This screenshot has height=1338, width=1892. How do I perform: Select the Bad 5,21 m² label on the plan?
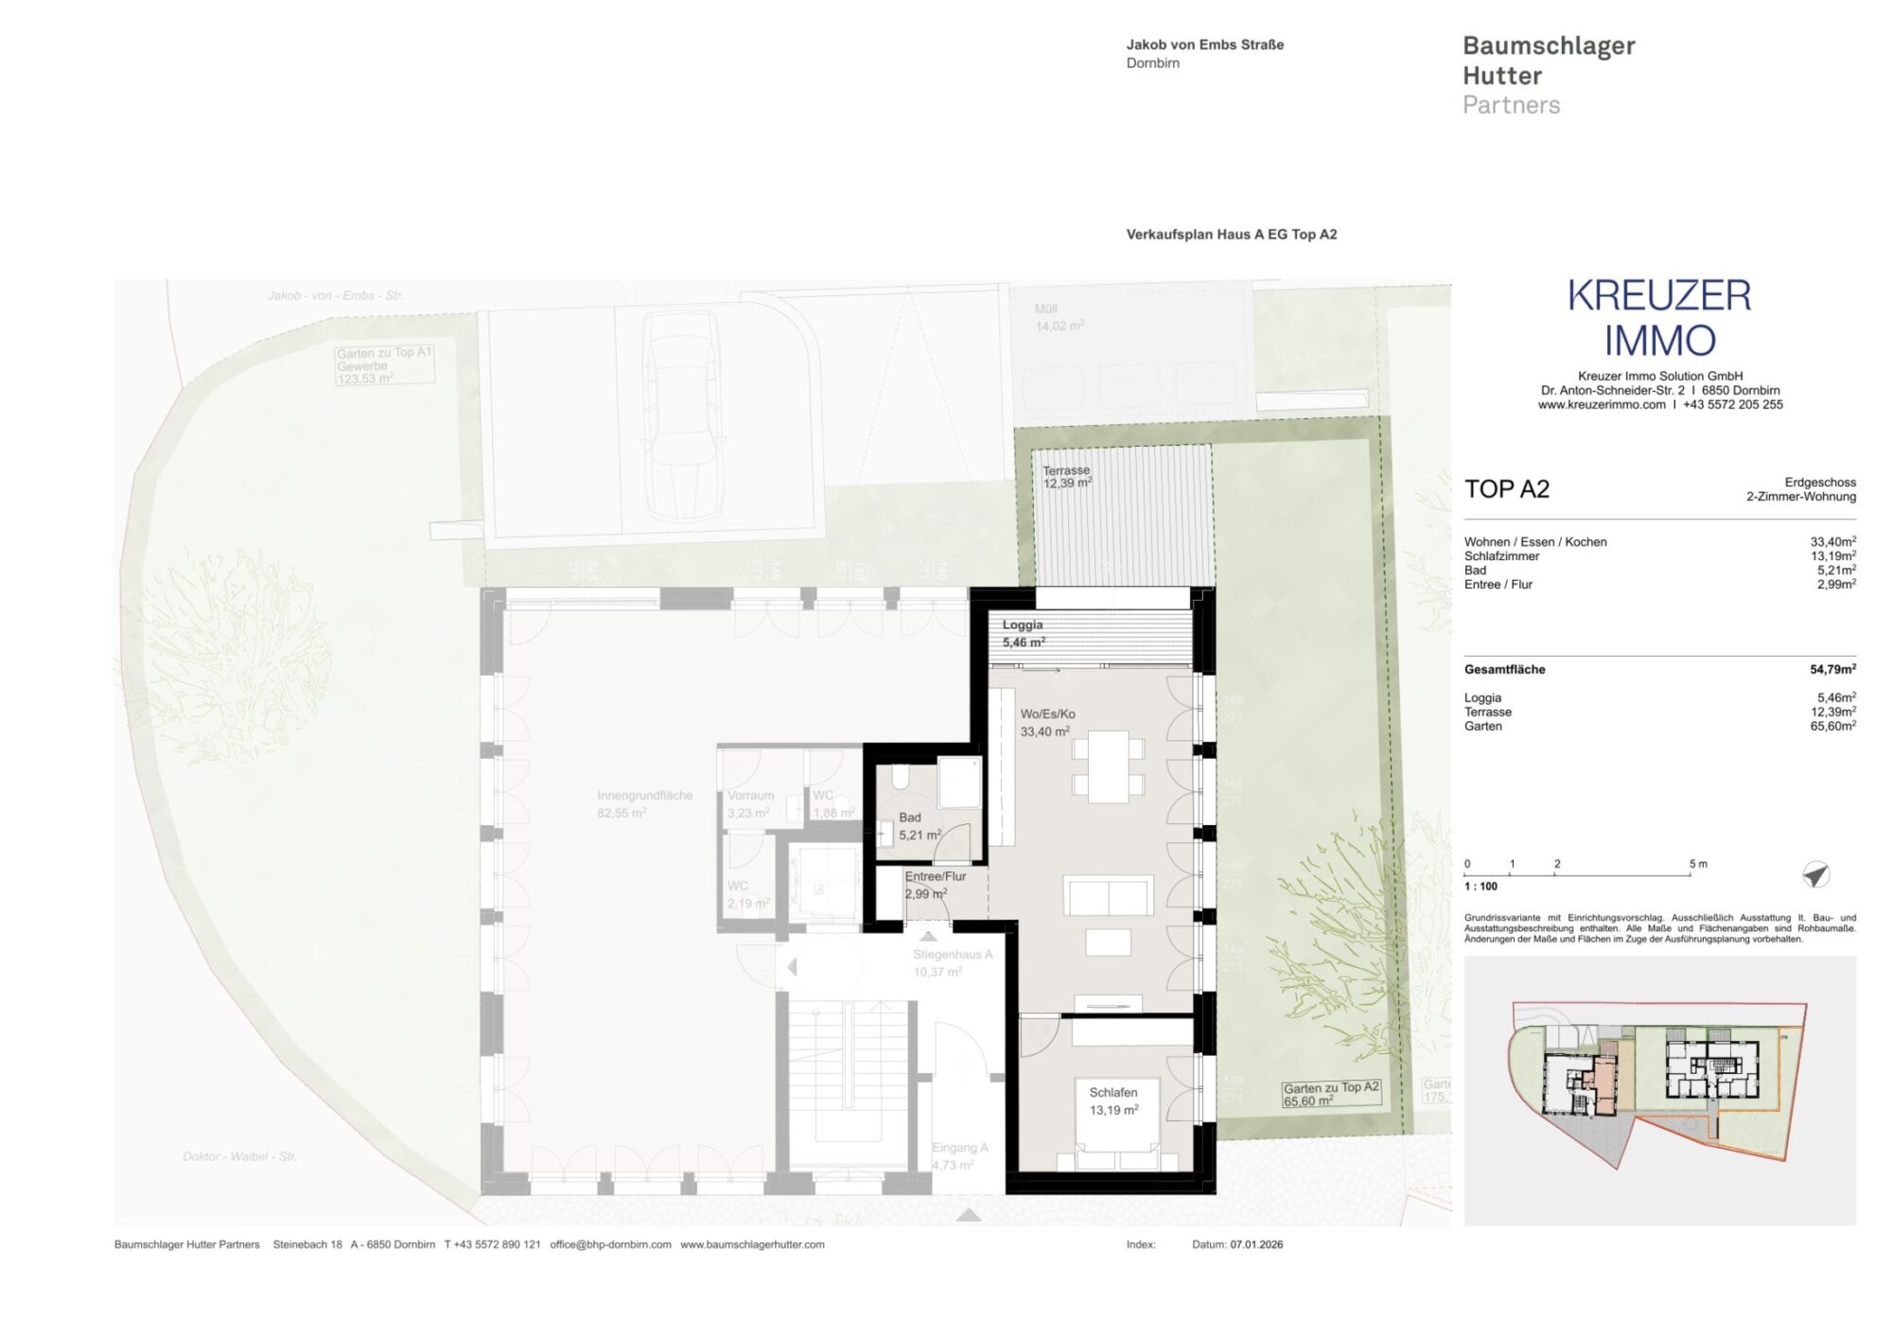(919, 826)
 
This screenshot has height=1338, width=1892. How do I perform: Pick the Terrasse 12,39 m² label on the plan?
(1067, 477)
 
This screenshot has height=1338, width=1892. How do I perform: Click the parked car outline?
(683, 415)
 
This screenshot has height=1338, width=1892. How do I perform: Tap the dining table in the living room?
(1108, 766)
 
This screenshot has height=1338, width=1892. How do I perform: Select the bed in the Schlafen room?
(1117, 1126)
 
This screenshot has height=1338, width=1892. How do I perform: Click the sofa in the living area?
(1108, 895)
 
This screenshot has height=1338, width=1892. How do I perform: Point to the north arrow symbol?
(1815, 874)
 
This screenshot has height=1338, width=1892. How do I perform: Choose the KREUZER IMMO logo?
(1659, 318)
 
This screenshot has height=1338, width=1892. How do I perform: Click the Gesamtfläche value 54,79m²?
(1832, 669)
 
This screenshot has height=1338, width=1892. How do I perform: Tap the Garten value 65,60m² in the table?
(1832, 727)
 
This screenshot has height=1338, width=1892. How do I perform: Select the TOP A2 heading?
(1507, 489)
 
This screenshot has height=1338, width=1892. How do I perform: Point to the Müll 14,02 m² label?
(1059, 317)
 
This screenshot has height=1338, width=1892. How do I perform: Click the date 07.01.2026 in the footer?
(1256, 1244)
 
